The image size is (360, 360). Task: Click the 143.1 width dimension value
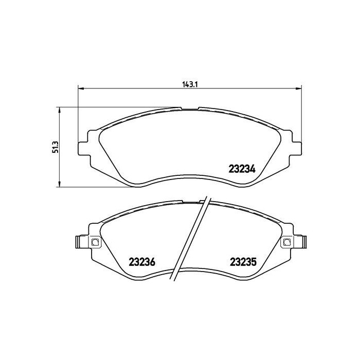(190, 84)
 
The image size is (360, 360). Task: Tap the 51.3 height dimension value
(56, 147)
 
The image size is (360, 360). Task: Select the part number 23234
(242, 169)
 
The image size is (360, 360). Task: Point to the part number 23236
(142, 262)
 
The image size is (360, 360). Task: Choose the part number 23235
(243, 262)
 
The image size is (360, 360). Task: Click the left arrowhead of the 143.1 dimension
(81, 88)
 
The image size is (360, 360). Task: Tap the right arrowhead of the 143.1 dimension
(298, 88)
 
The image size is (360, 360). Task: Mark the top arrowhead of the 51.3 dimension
(60, 110)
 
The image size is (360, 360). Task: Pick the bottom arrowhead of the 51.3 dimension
(60, 184)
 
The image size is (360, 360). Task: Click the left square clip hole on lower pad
(95, 242)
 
